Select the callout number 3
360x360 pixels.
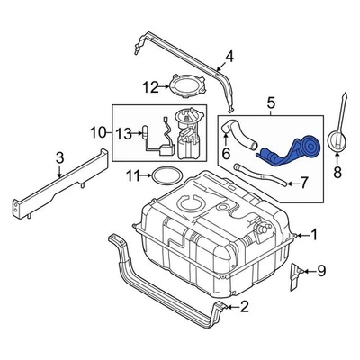pyautogui.click(x=59, y=159)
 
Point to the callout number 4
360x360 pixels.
pyautogui.click(x=229, y=58)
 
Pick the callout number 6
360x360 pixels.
pyautogui.click(x=226, y=154)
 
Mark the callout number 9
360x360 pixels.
pyautogui.click(x=322, y=269)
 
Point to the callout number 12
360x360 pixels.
pyautogui.click(x=150, y=87)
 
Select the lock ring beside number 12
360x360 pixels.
pyautogui.click(x=186, y=88)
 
